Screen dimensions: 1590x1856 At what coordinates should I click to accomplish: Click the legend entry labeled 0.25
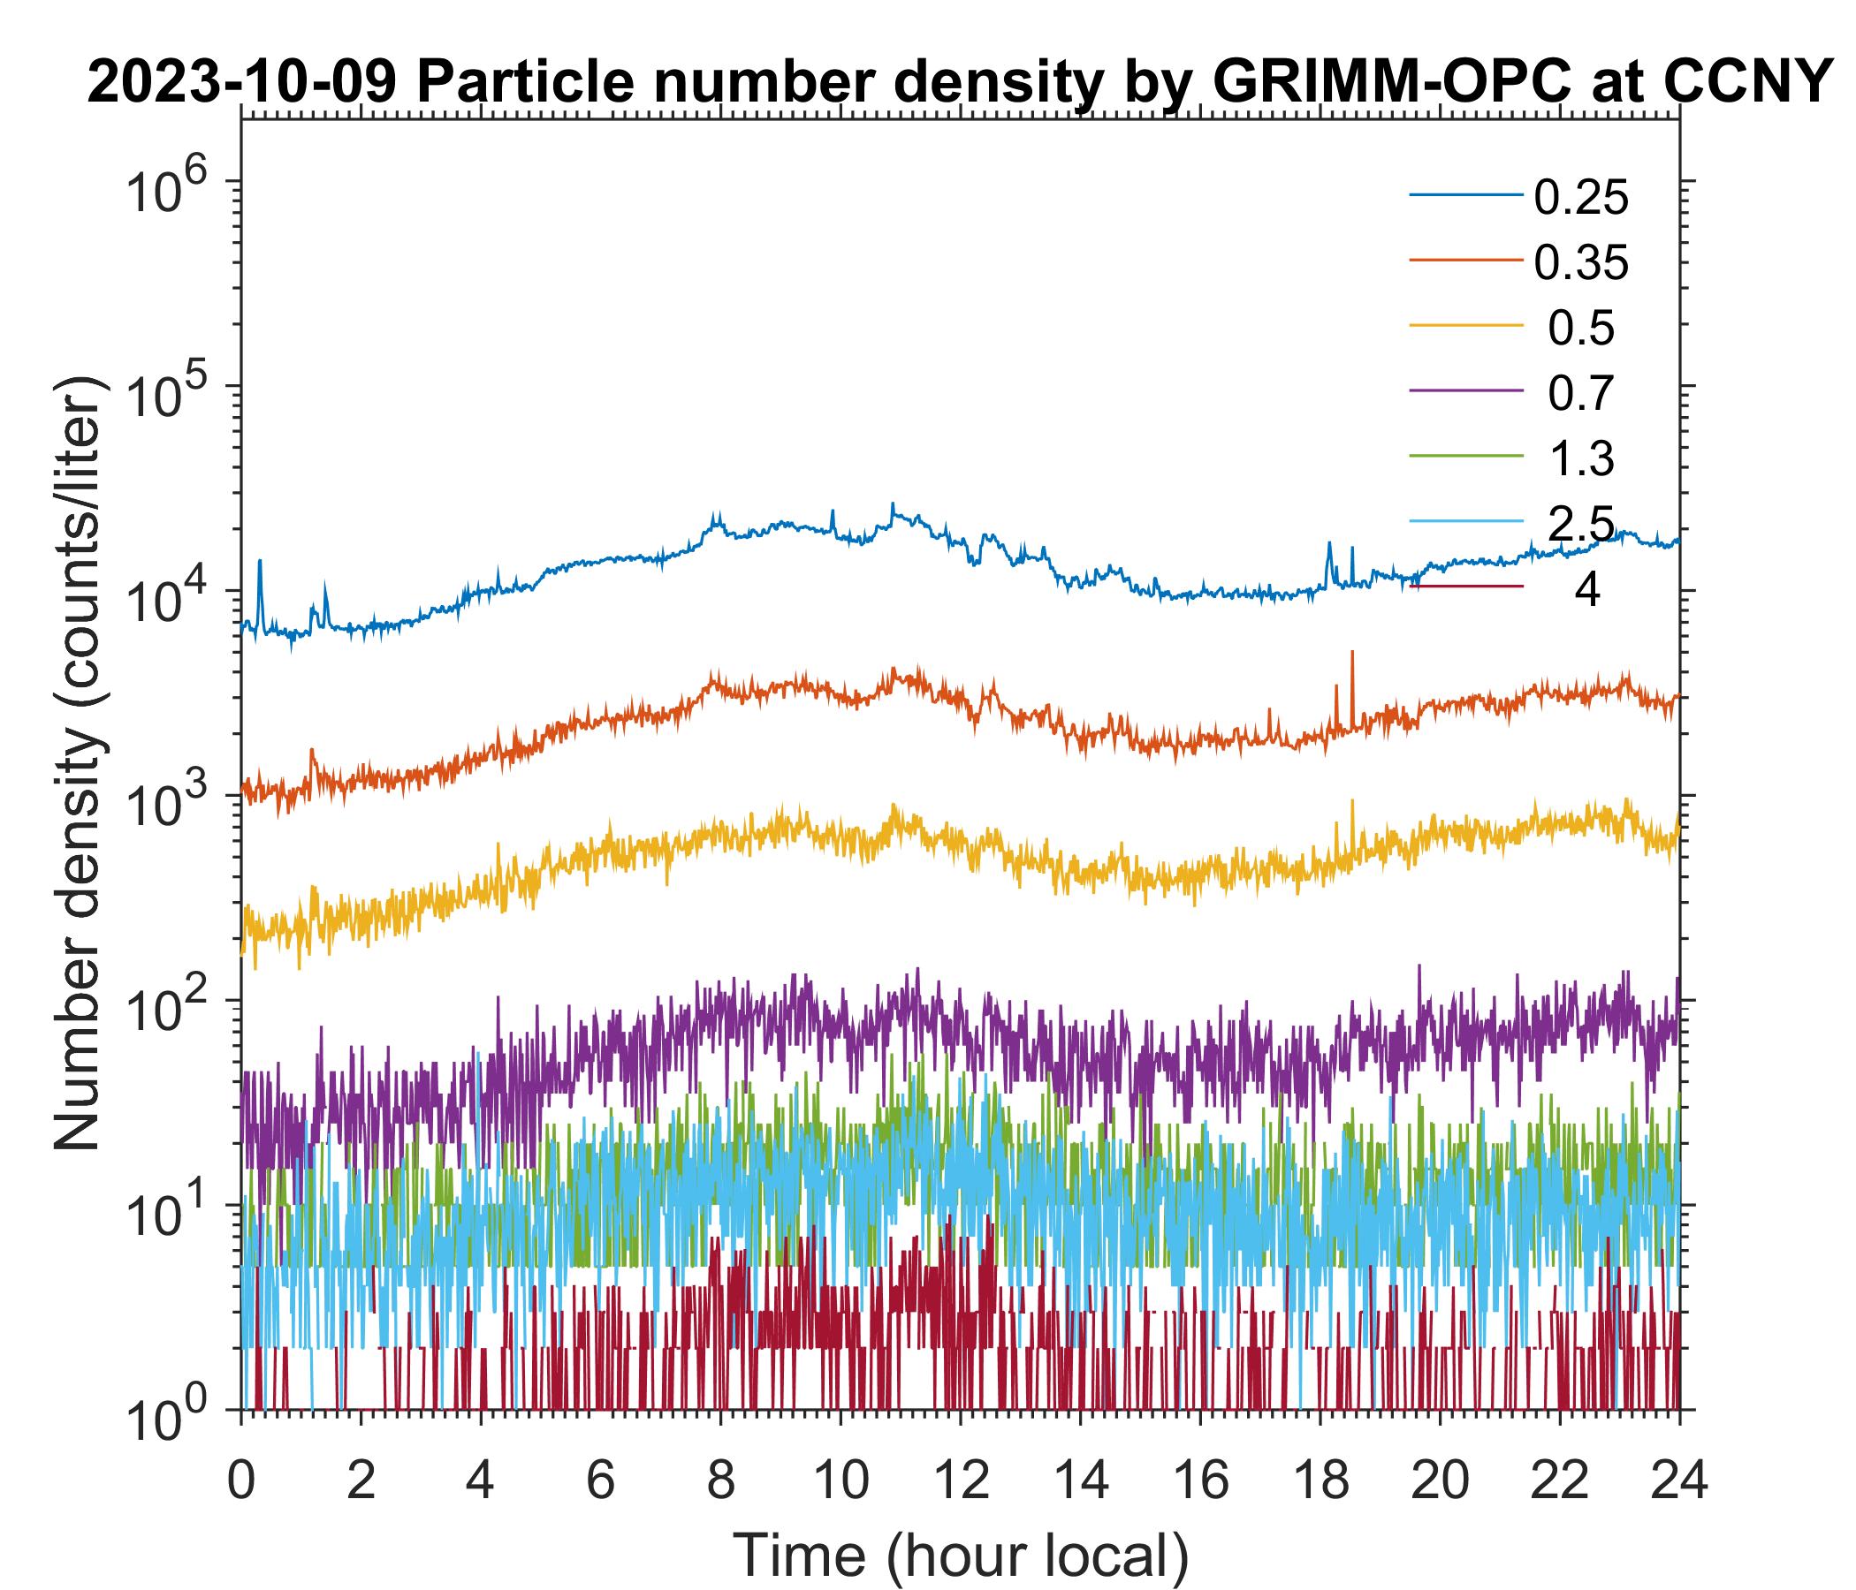[1580, 198]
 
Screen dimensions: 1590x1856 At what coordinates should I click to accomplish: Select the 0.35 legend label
[1580, 263]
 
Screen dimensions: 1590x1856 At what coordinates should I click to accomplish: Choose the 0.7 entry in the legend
[1581, 394]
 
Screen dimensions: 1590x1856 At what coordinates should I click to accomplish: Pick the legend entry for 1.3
[1581, 459]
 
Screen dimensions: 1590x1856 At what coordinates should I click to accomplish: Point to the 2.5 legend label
[1581, 524]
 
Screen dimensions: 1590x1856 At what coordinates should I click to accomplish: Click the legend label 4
[1586, 591]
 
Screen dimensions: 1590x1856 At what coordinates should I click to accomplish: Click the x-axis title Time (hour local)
[960, 1554]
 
